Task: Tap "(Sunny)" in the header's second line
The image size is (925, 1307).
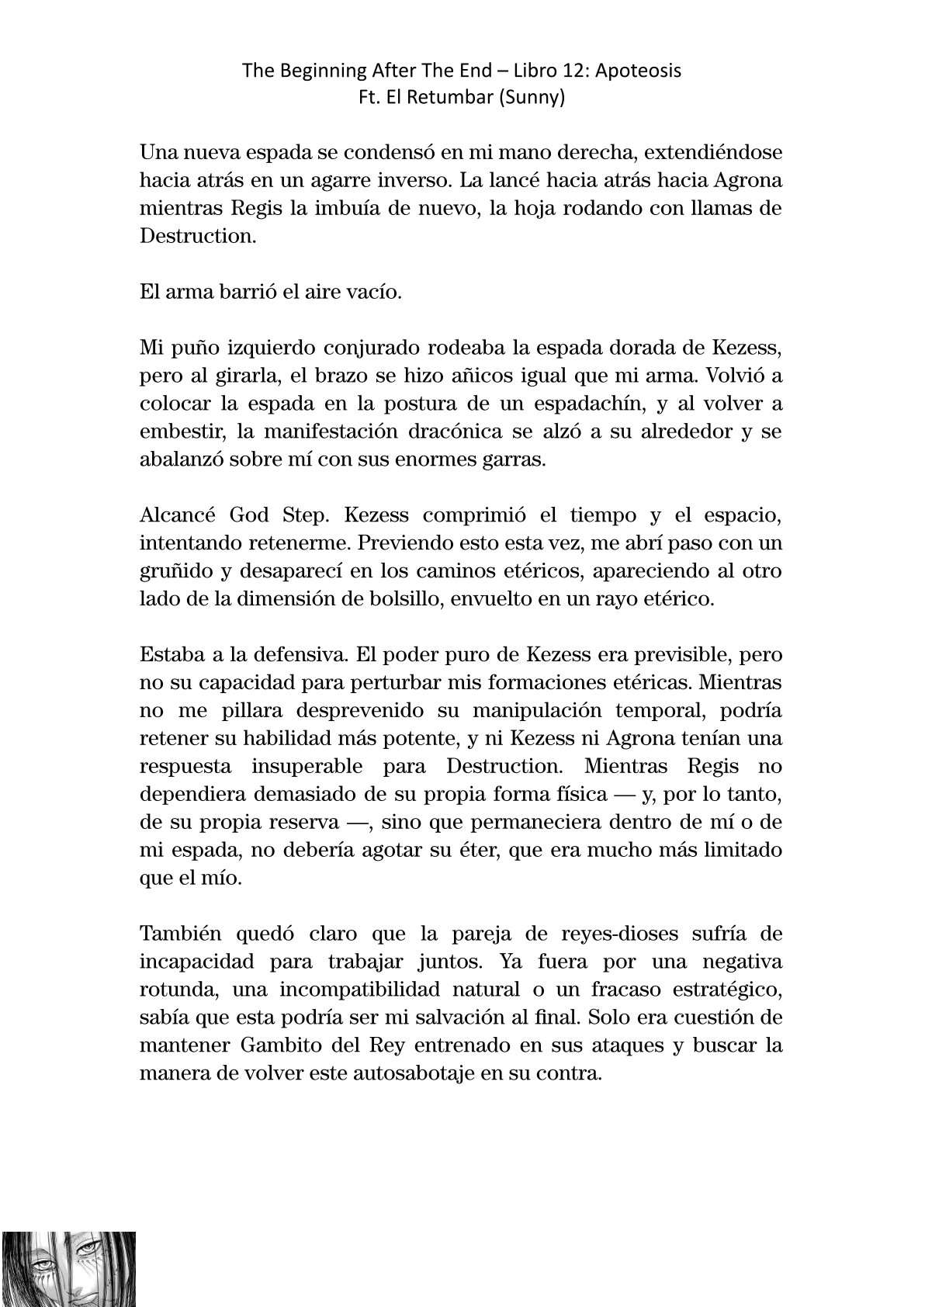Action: coord(534,99)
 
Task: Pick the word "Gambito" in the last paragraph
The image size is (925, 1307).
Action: coord(265,1046)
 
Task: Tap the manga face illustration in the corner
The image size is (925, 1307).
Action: coord(69,1268)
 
